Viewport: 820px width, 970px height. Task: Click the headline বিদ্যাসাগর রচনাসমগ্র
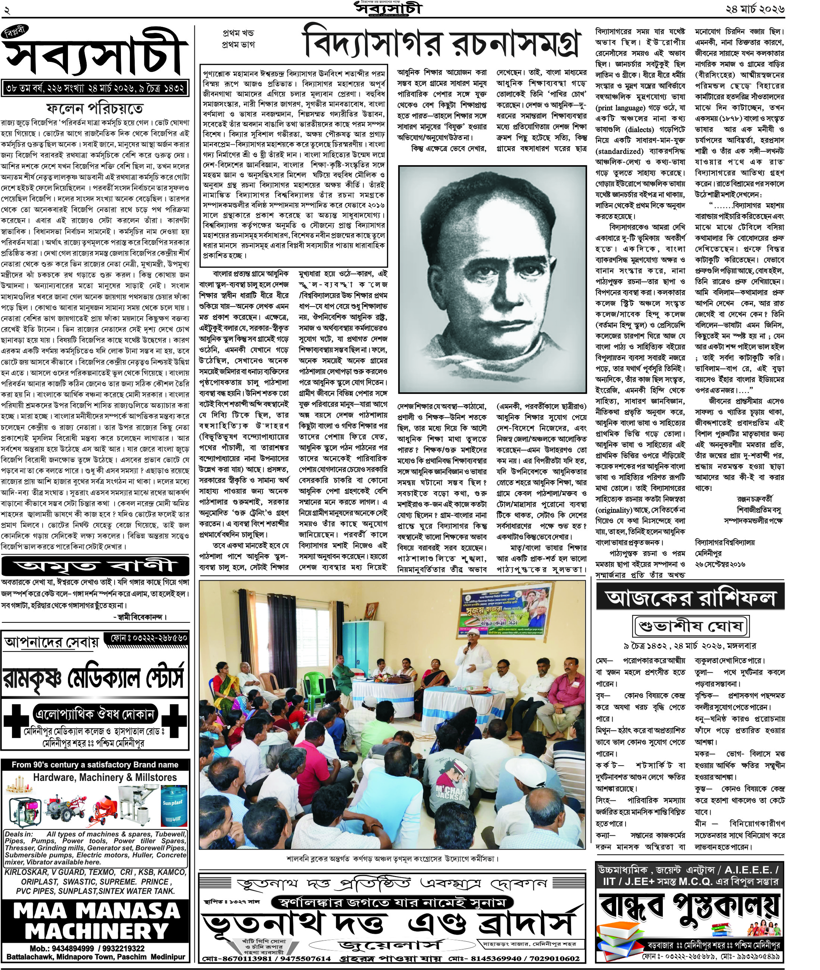point(441,44)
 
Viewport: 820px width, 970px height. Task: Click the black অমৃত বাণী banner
point(95,566)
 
